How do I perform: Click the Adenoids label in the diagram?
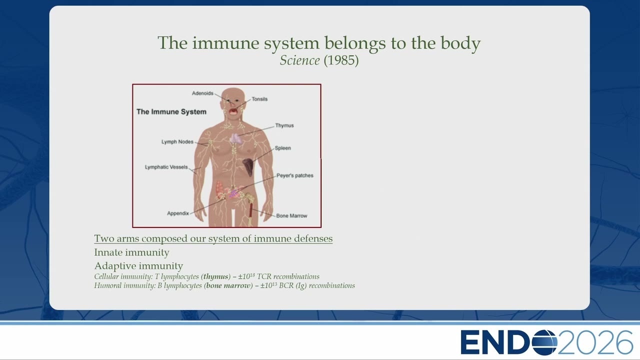click(x=202, y=93)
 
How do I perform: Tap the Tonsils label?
click(x=259, y=99)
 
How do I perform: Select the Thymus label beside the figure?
click(x=284, y=125)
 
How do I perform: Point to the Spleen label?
click(x=283, y=148)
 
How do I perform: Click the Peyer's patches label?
click(x=295, y=175)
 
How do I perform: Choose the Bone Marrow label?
click(x=291, y=215)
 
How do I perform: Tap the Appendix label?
click(x=178, y=213)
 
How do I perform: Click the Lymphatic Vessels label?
click(x=166, y=167)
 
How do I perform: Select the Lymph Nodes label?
click(x=177, y=141)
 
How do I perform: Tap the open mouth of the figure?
click(x=233, y=111)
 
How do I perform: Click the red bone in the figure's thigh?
click(x=251, y=210)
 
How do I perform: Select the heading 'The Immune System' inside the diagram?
click(x=171, y=111)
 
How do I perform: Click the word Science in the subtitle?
click(x=299, y=60)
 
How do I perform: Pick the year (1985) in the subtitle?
click(x=341, y=60)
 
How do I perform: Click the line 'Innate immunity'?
click(x=131, y=252)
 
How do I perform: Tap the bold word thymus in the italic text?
click(x=215, y=276)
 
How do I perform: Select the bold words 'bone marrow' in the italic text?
click(x=228, y=285)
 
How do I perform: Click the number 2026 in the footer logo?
click(x=595, y=342)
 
